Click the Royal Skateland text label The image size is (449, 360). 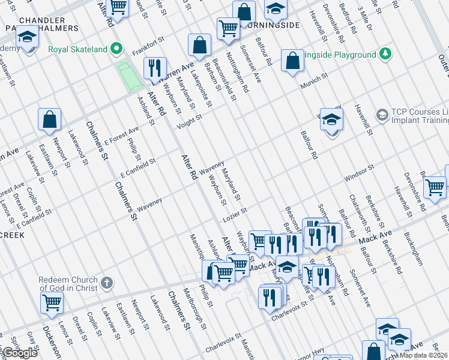[78, 49]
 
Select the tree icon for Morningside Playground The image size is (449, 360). [385, 55]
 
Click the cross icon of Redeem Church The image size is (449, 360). [106, 283]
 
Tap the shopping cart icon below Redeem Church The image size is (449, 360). [52, 304]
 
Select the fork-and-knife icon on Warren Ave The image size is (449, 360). [155, 68]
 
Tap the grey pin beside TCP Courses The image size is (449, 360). [381, 114]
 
